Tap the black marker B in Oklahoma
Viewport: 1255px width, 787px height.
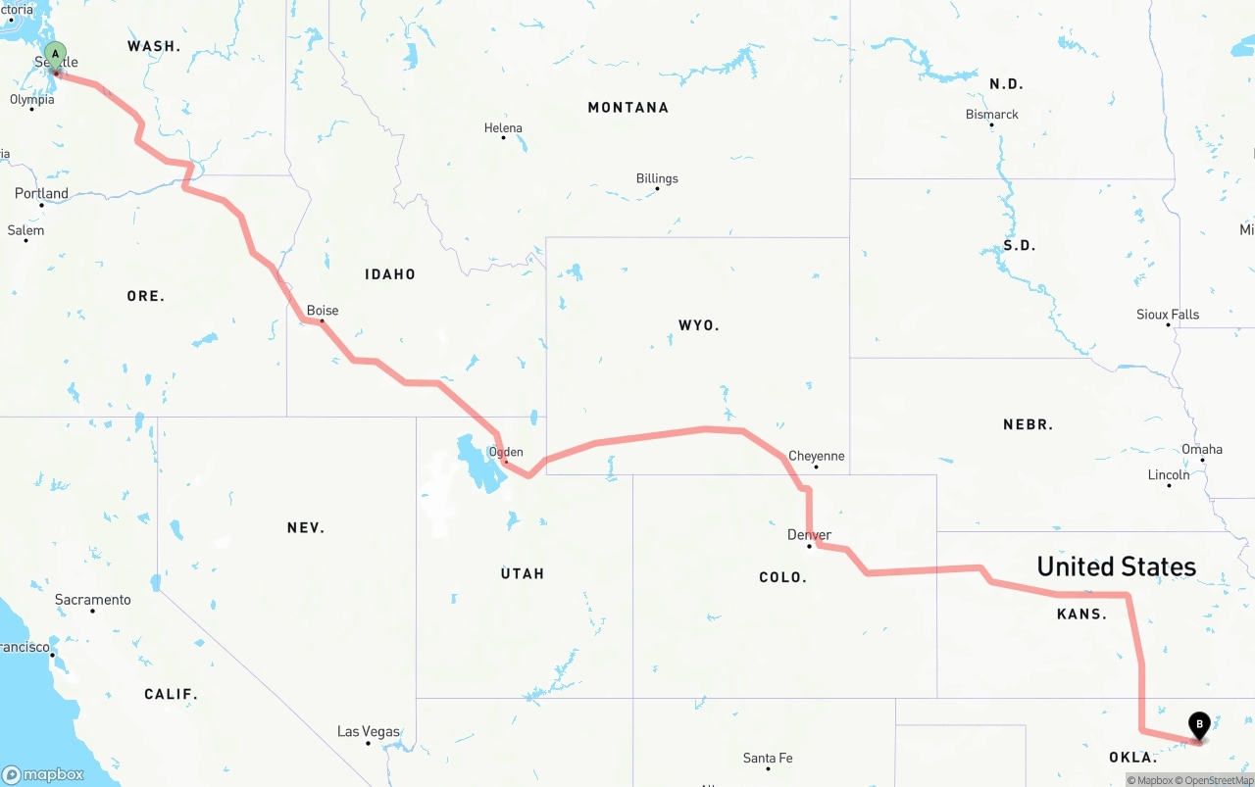click(x=1198, y=725)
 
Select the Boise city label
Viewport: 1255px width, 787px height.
click(x=323, y=311)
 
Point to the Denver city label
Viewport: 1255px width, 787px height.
click(x=809, y=535)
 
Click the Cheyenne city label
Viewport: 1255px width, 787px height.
click(x=816, y=456)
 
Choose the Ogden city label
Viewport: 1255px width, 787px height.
click(x=506, y=452)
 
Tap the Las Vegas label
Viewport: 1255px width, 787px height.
click(x=368, y=731)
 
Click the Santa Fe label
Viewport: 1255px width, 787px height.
click(x=768, y=758)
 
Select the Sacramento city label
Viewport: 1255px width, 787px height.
click(x=92, y=600)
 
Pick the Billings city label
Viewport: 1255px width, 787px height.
click(x=657, y=178)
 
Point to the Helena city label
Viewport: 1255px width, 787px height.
click(x=503, y=127)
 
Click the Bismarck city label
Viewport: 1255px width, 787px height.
click(x=992, y=115)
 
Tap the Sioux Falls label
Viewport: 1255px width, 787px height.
click(x=1168, y=315)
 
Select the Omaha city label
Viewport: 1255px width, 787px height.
click(x=1202, y=450)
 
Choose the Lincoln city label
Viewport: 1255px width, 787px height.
click(x=1169, y=475)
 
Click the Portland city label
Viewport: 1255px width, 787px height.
click(x=41, y=193)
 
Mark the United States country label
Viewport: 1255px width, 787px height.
click(x=1117, y=566)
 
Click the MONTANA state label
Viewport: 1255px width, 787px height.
click(x=628, y=108)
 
